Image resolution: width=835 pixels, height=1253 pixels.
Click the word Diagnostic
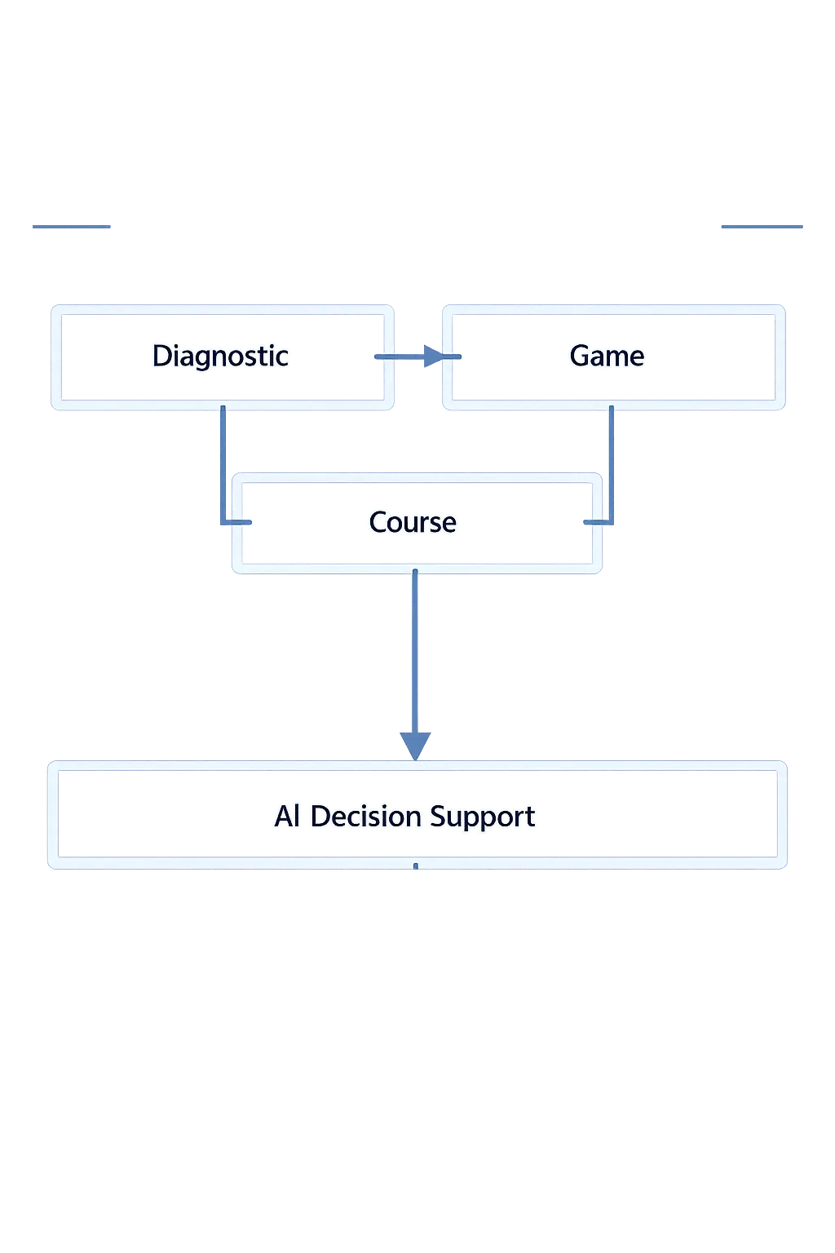[x=220, y=356]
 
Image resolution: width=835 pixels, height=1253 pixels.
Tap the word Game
[x=607, y=356]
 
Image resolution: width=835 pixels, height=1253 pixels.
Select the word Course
[x=413, y=523]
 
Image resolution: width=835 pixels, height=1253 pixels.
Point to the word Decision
[x=366, y=817]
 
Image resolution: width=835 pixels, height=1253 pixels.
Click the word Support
[x=482, y=817]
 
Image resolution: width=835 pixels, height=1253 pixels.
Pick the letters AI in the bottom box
[x=287, y=817]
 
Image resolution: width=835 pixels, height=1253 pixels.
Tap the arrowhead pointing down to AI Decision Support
[x=415, y=745]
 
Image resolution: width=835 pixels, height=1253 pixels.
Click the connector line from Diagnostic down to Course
[x=222, y=465]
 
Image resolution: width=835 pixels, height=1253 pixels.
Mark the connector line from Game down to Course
[x=612, y=465]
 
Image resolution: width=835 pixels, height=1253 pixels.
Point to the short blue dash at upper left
[x=72, y=225]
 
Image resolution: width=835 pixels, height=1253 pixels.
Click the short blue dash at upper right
[x=762, y=225]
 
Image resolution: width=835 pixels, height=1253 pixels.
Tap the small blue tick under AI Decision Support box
[x=415, y=868]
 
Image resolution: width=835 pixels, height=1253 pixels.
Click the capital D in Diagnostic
[x=161, y=356]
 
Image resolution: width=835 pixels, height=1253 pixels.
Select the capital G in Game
[x=580, y=356]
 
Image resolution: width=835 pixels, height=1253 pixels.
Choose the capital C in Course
[x=378, y=522]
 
